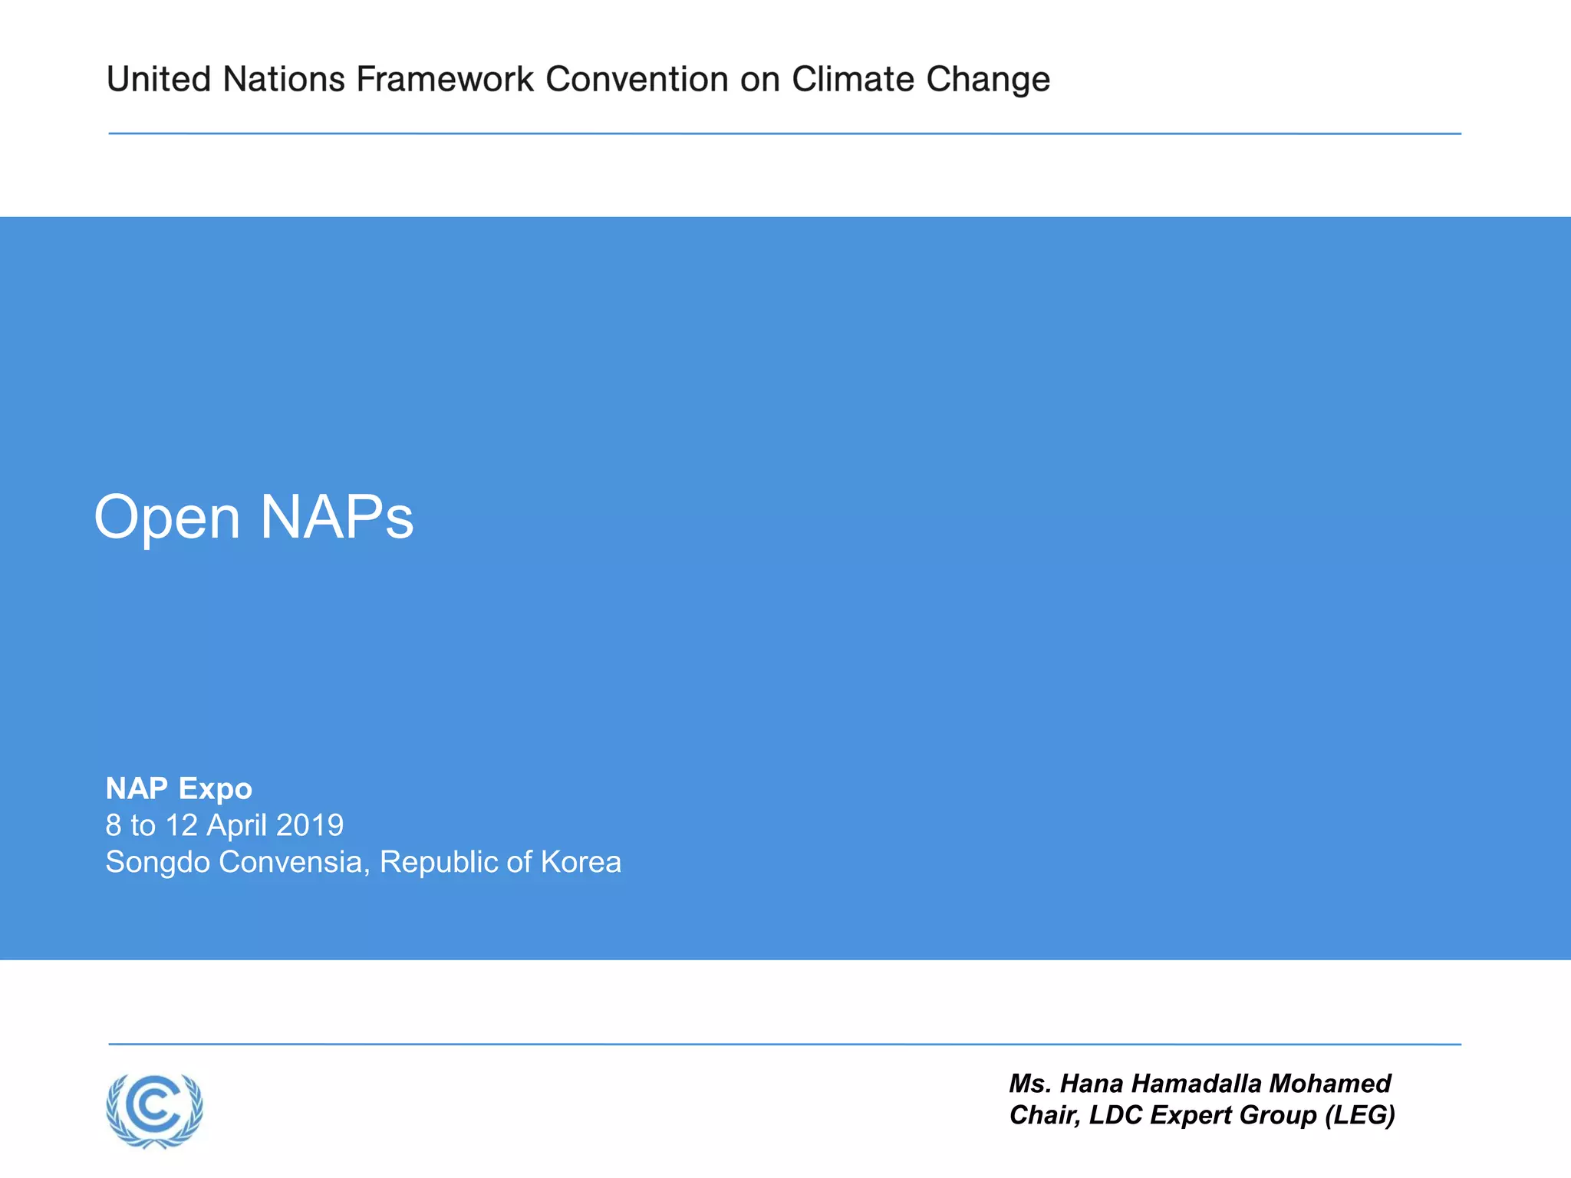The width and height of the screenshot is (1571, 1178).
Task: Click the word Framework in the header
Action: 445,79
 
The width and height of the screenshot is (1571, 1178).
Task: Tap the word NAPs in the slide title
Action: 337,518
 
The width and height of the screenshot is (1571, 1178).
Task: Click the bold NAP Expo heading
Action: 179,788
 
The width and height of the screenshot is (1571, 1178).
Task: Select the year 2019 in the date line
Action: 310,825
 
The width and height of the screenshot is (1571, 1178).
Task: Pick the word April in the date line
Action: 237,826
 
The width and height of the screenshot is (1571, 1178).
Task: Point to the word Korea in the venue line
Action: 581,862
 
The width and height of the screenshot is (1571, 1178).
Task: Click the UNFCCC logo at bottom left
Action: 155,1110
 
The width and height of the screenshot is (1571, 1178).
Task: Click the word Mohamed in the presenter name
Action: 1329,1084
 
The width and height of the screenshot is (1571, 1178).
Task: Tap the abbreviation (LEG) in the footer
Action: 1360,1115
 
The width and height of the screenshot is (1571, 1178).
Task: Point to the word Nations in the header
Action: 284,79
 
